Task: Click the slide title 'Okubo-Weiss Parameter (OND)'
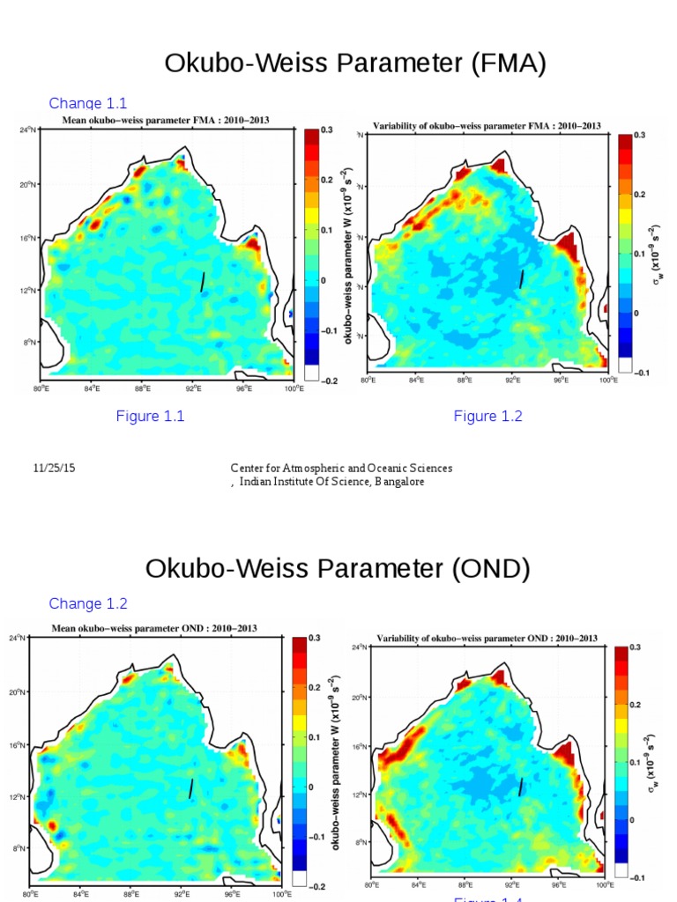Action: (x=338, y=568)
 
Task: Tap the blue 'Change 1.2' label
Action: (x=88, y=603)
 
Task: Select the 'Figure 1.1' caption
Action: (x=150, y=417)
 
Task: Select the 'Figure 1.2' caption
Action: (x=487, y=417)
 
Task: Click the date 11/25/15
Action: (x=54, y=469)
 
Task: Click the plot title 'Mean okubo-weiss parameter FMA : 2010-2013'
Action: (x=164, y=121)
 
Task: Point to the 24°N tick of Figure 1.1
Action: (x=27, y=130)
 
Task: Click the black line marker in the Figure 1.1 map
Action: (x=203, y=281)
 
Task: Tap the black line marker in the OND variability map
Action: (x=521, y=787)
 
